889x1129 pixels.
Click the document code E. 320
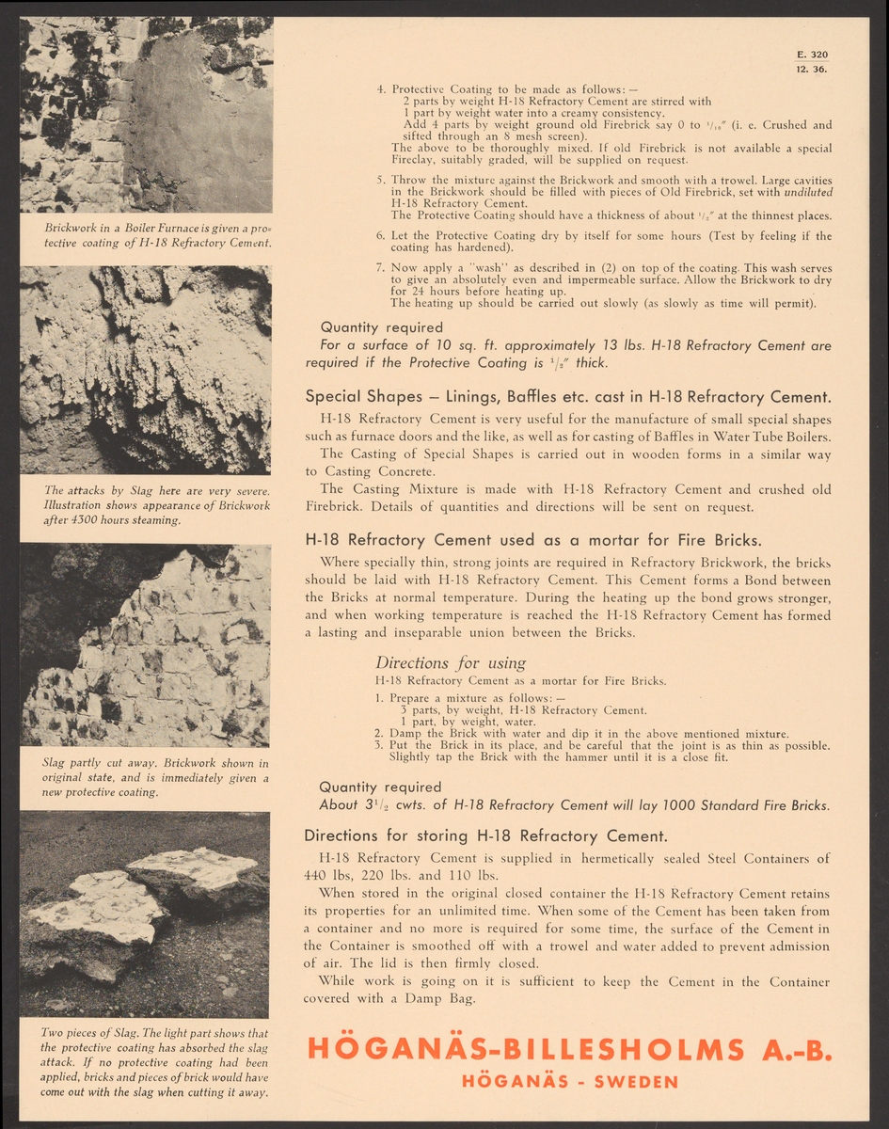(x=812, y=55)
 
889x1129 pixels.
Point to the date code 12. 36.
(x=811, y=69)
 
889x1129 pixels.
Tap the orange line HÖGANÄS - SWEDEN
(x=570, y=1081)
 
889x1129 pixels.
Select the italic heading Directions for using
(x=451, y=662)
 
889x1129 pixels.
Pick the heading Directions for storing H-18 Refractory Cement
(x=486, y=835)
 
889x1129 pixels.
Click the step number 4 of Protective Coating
(x=380, y=89)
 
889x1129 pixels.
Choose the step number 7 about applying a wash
(x=380, y=268)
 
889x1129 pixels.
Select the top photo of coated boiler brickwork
(x=146, y=115)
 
